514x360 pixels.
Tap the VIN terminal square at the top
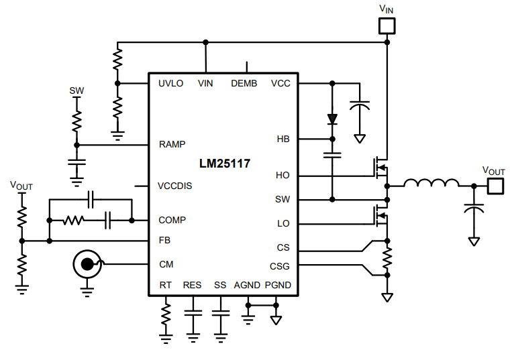point(387,26)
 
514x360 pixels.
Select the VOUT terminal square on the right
point(495,186)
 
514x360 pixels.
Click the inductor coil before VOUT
point(431,183)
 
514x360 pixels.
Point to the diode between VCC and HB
point(331,119)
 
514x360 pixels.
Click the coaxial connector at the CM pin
point(87,265)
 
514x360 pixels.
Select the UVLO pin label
point(170,84)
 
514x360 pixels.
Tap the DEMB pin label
point(244,84)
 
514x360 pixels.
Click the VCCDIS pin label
point(174,186)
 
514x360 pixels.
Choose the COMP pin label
point(172,220)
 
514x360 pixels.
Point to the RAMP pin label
point(172,144)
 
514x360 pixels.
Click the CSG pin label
point(280,266)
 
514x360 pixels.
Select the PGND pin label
point(278,285)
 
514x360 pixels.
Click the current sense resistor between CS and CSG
point(387,257)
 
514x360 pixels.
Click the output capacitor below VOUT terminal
point(474,208)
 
